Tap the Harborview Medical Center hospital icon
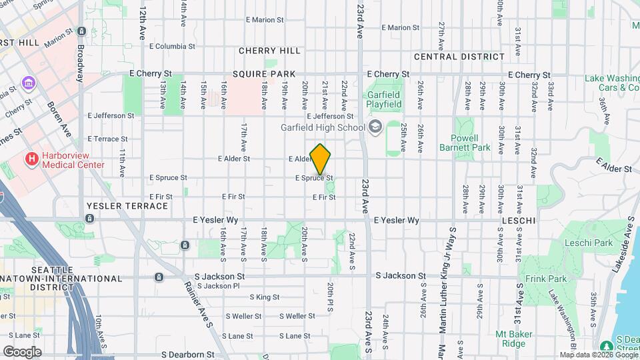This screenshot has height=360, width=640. pyautogui.click(x=31, y=159)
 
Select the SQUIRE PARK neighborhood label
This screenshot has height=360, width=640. pyautogui.click(x=259, y=75)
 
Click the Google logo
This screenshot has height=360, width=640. pyautogui.click(x=22, y=351)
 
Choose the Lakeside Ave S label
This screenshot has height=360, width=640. pyautogui.click(x=629, y=233)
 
